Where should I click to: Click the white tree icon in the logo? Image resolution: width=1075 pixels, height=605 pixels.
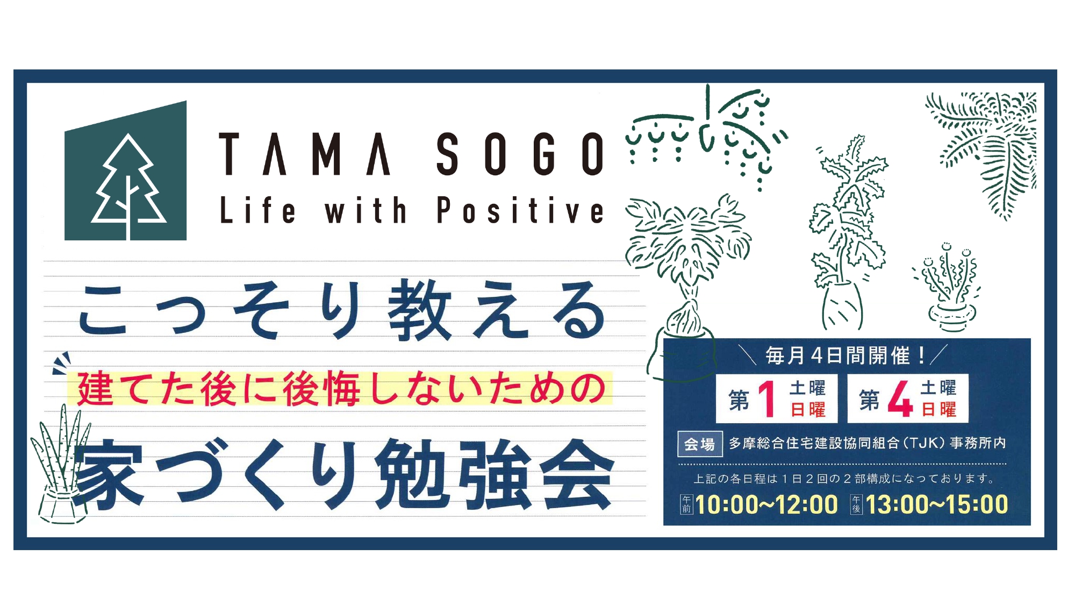(x=128, y=186)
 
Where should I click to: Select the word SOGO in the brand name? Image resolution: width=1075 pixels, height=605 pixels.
(x=520, y=154)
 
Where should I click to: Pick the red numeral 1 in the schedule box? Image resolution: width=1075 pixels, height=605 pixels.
(x=768, y=398)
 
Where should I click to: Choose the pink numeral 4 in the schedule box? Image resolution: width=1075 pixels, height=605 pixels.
(x=900, y=398)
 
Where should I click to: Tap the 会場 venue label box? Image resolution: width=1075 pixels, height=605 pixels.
(x=700, y=444)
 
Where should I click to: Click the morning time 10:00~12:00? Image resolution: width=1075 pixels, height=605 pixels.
(x=766, y=504)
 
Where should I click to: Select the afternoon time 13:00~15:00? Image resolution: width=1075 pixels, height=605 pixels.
(x=936, y=504)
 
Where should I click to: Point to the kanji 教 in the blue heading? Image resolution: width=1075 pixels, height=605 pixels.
(x=420, y=310)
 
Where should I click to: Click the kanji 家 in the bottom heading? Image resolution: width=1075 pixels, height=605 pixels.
(x=109, y=474)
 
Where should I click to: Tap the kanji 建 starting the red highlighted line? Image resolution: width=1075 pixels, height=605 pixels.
(x=95, y=388)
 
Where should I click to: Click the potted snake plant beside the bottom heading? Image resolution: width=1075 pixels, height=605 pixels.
(x=60, y=466)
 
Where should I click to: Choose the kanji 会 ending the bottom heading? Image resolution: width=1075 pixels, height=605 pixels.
(x=577, y=474)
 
